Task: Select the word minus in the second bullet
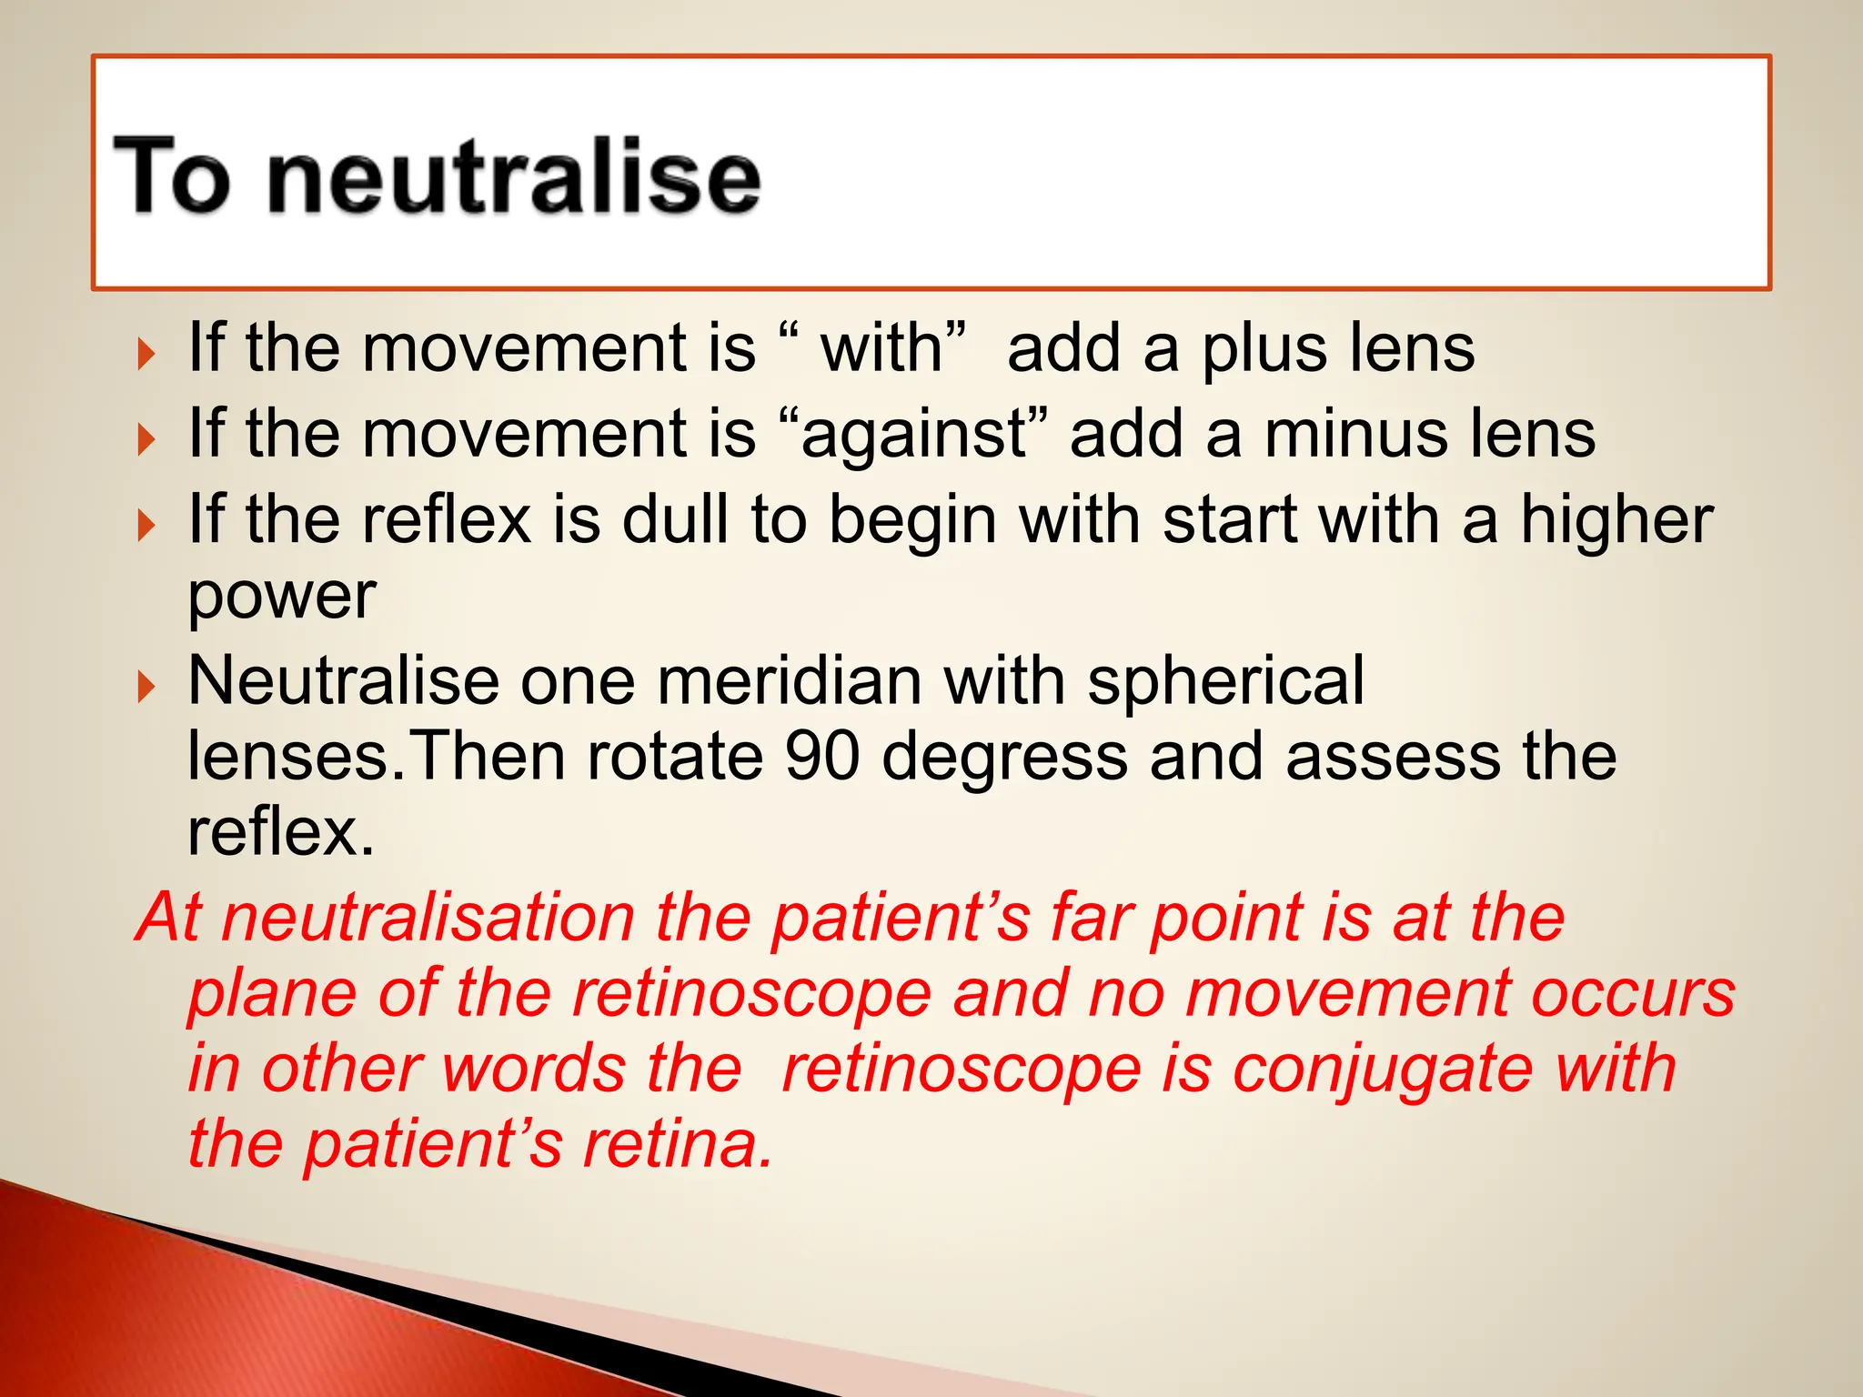tap(1344, 434)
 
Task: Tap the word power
tap(281, 598)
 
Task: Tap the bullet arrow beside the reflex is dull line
tap(146, 525)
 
